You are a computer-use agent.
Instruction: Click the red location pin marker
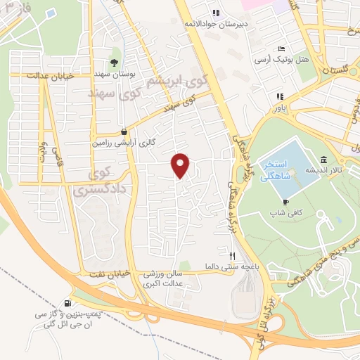coord(181,165)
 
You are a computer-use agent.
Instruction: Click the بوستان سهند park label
coord(117,74)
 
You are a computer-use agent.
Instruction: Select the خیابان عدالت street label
coord(49,74)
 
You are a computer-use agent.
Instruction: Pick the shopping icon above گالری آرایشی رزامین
coord(124,130)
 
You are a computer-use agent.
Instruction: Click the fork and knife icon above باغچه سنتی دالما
coord(233,256)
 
